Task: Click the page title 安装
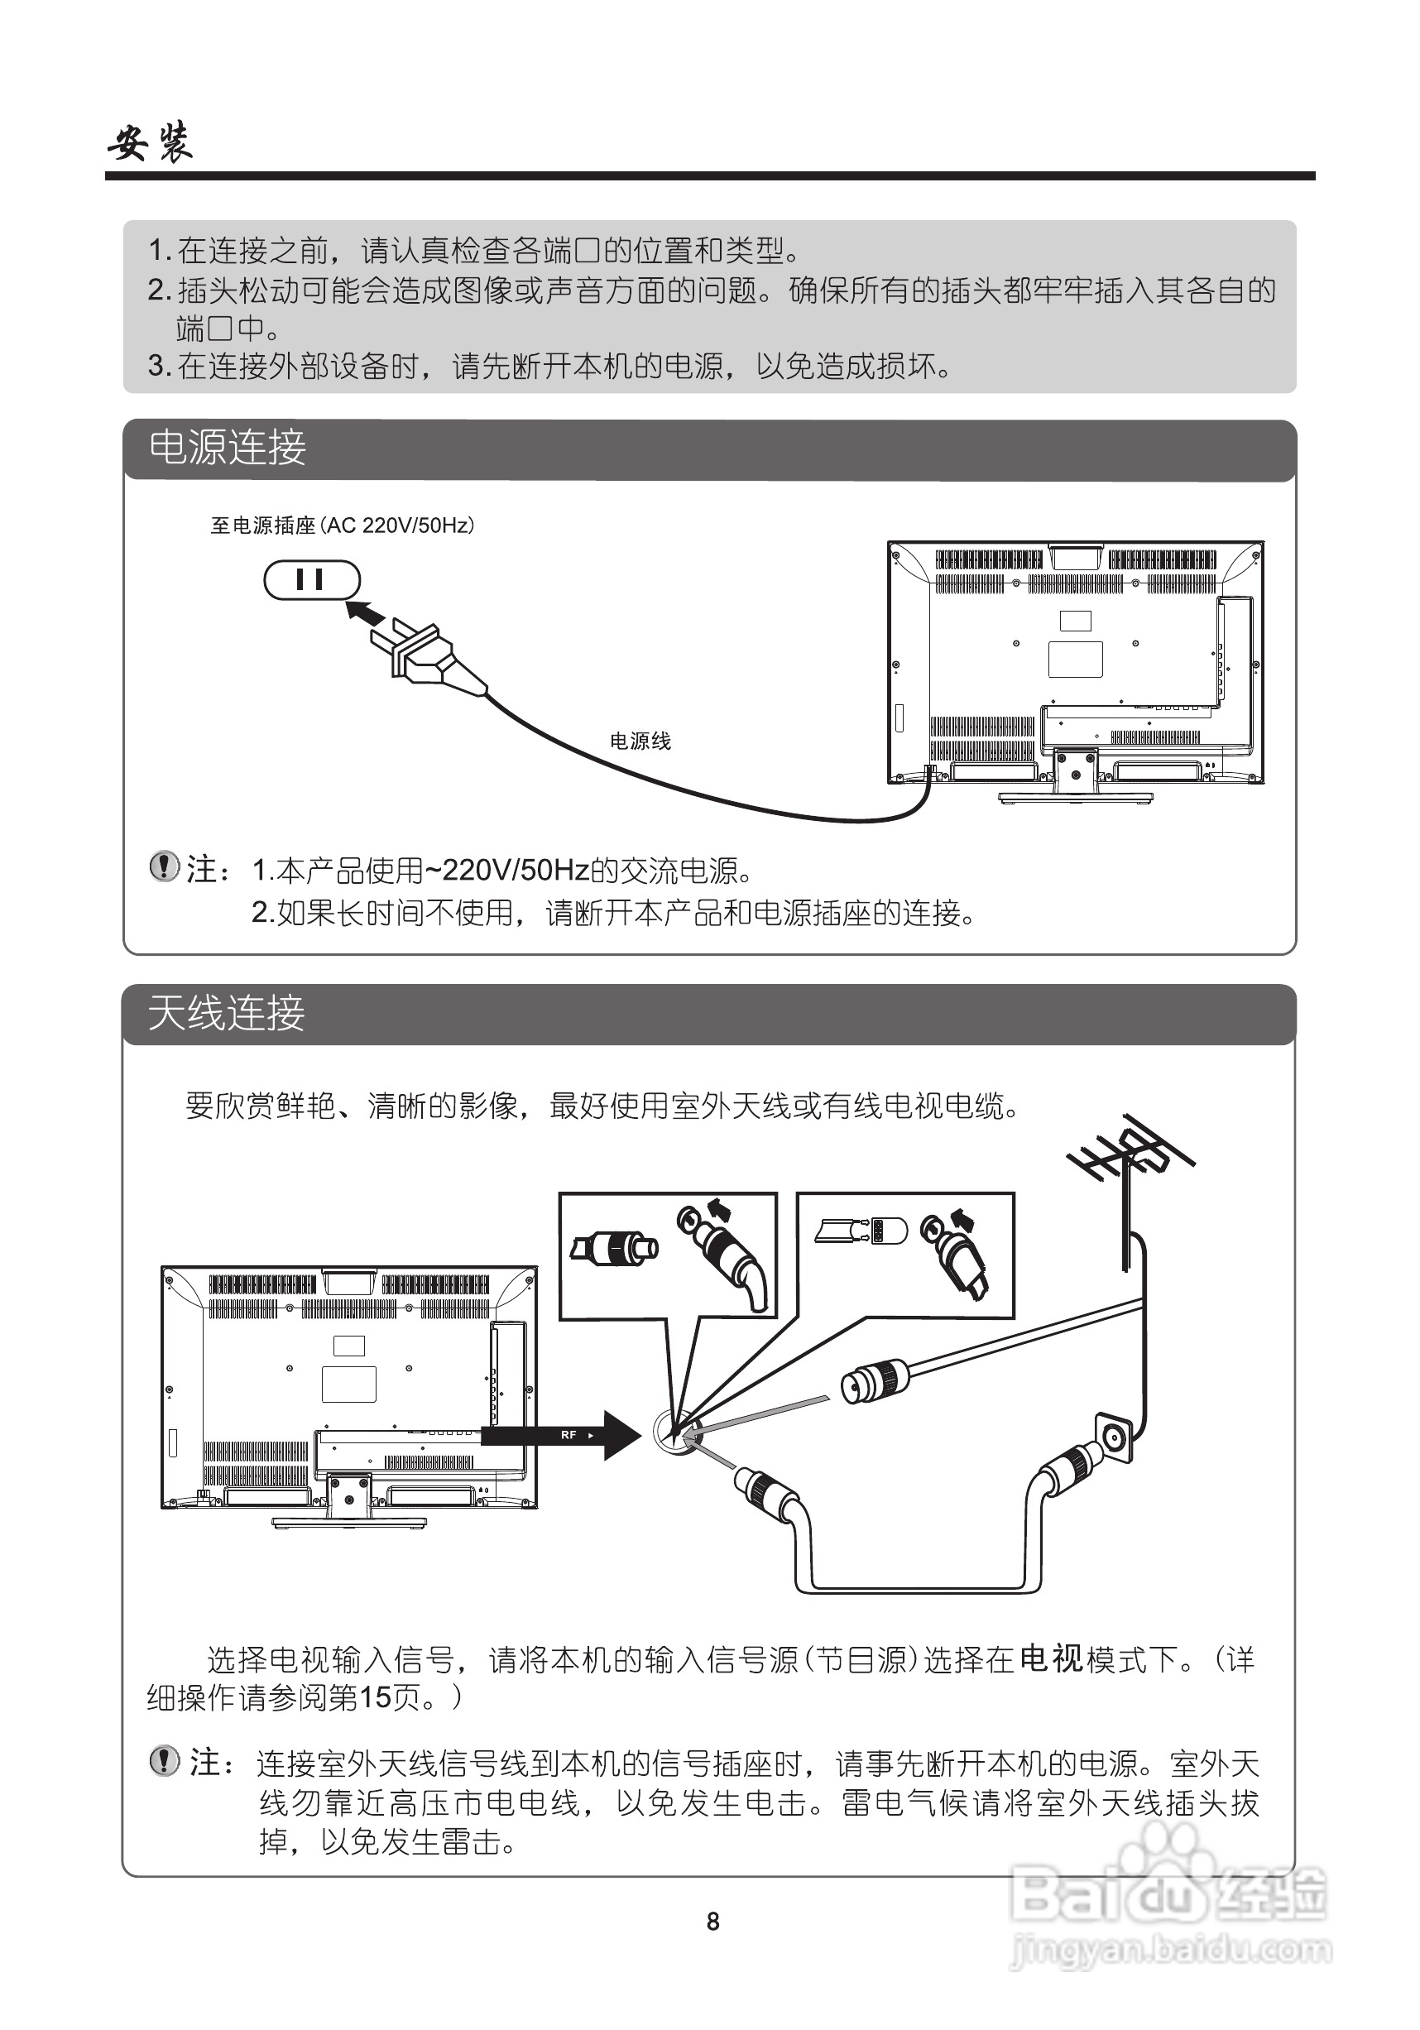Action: click(x=151, y=142)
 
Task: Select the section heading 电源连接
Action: click(x=228, y=449)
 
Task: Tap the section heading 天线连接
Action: click(x=227, y=1013)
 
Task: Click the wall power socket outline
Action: click(x=312, y=580)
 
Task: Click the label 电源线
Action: click(x=640, y=741)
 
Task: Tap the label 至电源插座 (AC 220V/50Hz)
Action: click(x=343, y=526)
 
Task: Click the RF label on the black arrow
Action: click(x=568, y=1434)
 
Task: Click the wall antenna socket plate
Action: click(x=1113, y=1439)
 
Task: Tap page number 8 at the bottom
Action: click(x=712, y=1922)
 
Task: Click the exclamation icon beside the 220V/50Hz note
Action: click(x=164, y=866)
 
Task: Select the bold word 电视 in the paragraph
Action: click(x=1050, y=1658)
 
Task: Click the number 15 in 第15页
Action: click(x=375, y=1697)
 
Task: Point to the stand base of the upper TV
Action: click(x=1075, y=797)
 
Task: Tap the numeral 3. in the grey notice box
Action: click(x=158, y=365)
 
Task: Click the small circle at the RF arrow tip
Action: click(x=675, y=1433)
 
